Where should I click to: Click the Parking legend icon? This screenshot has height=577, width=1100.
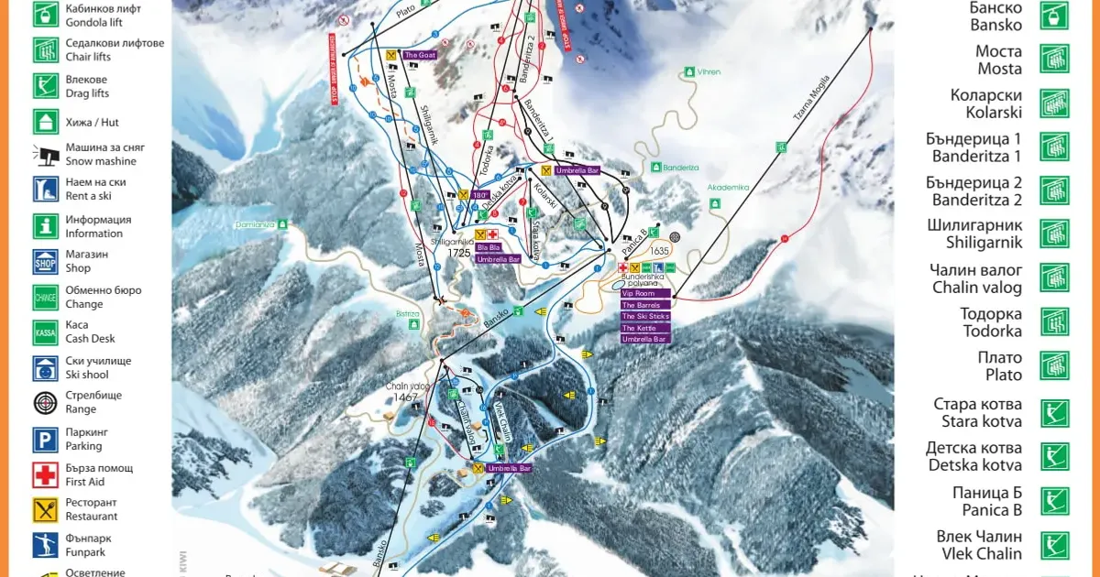(46, 440)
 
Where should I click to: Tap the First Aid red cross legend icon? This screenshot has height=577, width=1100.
(46, 474)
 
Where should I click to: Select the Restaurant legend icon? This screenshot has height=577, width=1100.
(46, 509)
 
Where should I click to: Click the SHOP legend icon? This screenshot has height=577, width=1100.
(46, 262)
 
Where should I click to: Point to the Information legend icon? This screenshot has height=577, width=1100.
(46, 226)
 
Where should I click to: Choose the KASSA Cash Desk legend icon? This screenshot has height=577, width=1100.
(46, 332)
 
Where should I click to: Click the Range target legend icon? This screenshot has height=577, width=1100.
(46, 402)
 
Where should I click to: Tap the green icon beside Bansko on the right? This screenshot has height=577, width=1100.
(1054, 16)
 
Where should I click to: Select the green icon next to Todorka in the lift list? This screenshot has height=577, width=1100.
(1054, 321)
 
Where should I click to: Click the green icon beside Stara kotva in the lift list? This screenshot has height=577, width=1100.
(1054, 413)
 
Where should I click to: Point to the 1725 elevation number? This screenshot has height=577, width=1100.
(459, 253)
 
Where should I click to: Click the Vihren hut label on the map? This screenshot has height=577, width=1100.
(709, 71)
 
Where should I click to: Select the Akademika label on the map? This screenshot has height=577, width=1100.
(728, 188)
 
